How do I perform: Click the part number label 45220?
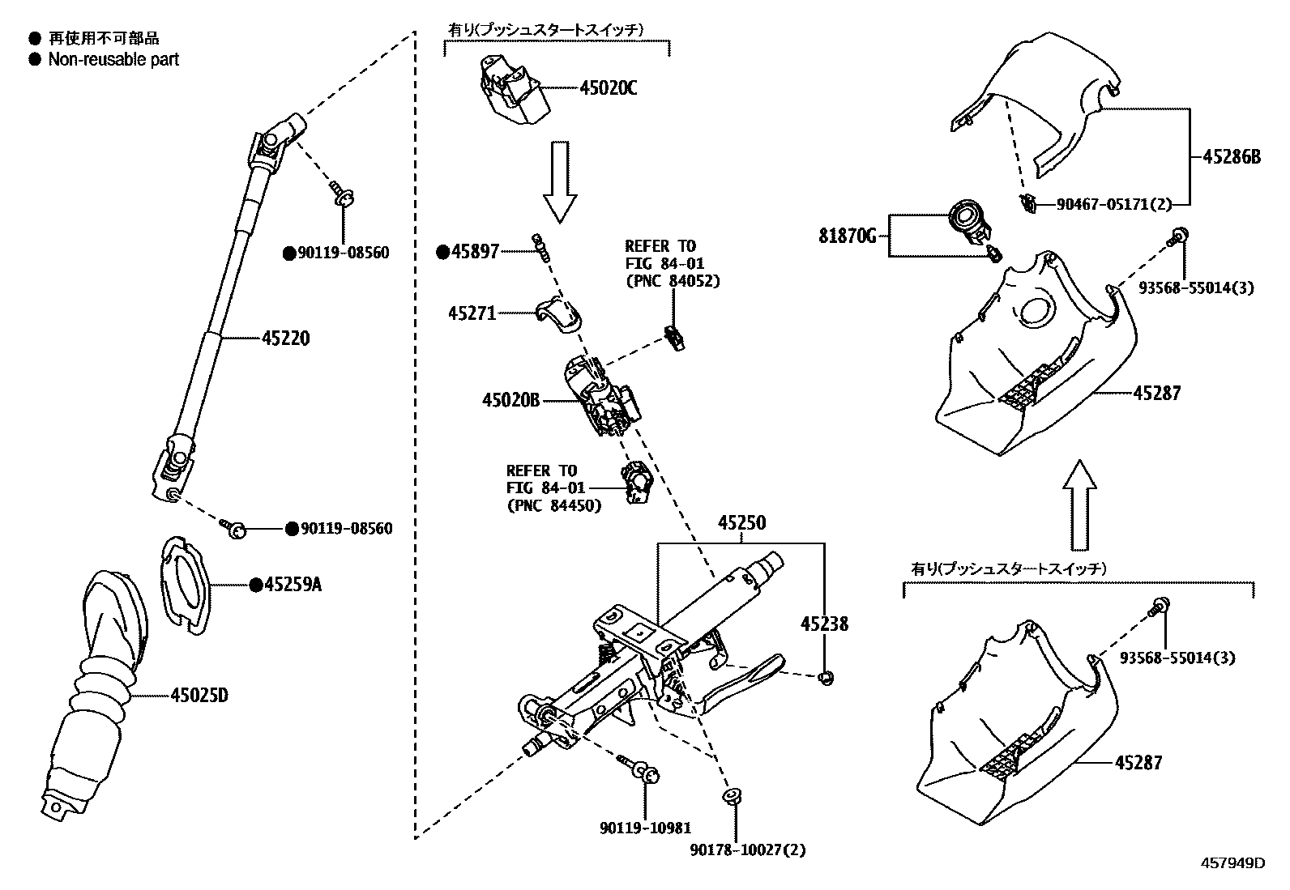pyautogui.click(x=286, y=339)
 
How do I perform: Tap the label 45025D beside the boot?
pyautogui.click(x=199, y=695)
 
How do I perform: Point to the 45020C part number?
pyautogui.click(x=609, y=88)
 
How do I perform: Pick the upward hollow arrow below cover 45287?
pyautogui.click(x=1079, y=505)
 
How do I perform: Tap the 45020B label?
pyautogui.click(x=510, y=399)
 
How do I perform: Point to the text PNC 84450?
pyautogui.click(x=554, y=506)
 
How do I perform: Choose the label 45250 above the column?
pyautogui.click(x=741, y=523)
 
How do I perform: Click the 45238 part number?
pyautogui.click(x=825, y=624)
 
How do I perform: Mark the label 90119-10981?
pyautogui.click(x=646, y=828)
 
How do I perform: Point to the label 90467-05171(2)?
pyautogui.click(x=1114, y=205)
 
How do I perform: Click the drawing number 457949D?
pyautogui.click(x=1232, y=863)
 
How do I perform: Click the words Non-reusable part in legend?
pyautogui.click(x=113, y=59)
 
